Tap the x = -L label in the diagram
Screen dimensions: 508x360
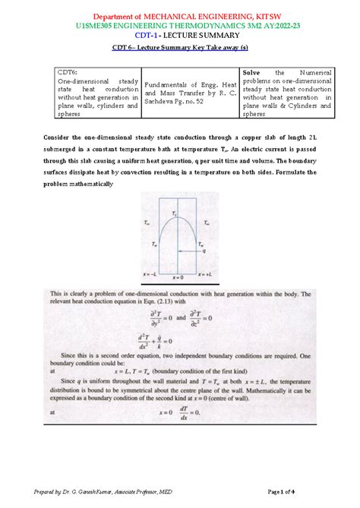pyautogui.click(x=151, y=272)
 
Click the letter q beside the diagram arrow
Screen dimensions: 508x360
pyautogui.click(x=205, y=252)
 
